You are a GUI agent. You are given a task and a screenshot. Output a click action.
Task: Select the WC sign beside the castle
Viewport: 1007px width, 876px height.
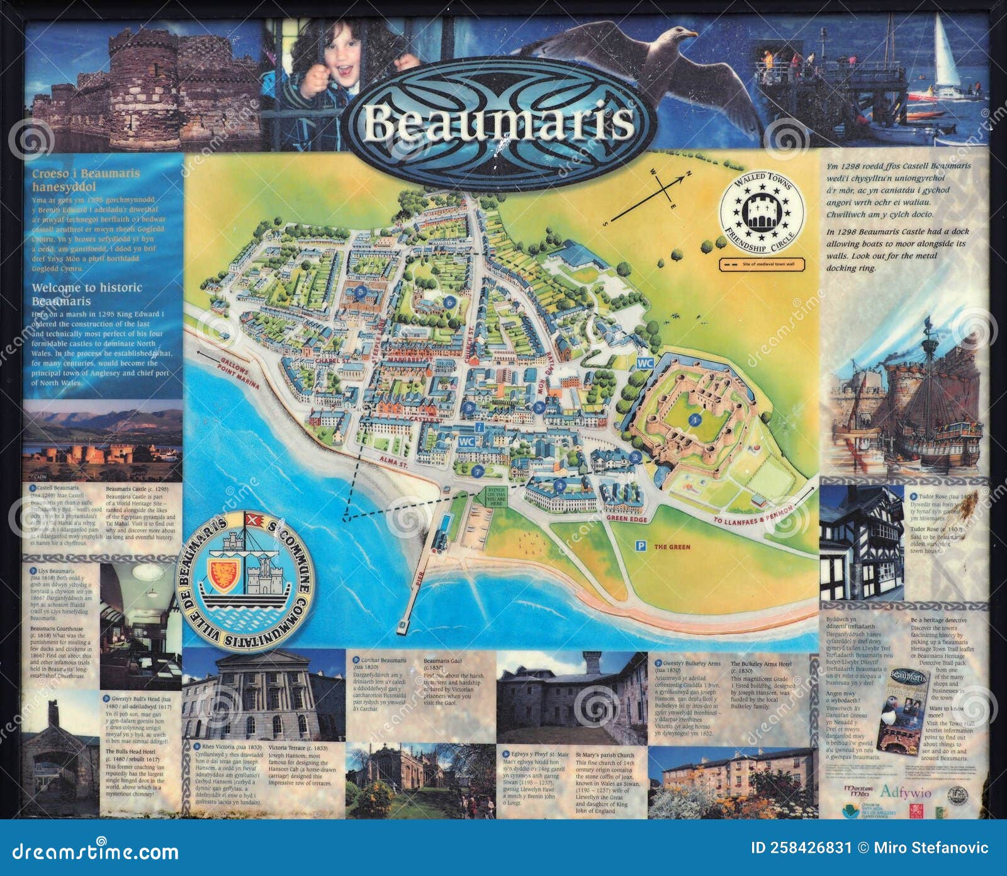click(643, 364)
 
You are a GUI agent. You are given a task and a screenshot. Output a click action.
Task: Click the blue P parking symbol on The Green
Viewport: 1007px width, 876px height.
click(641, 547)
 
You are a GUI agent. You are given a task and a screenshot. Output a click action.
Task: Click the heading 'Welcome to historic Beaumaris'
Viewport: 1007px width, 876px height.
click(87, 293)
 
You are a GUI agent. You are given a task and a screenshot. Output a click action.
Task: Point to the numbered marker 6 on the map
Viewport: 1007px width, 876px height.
click(450, 302)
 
